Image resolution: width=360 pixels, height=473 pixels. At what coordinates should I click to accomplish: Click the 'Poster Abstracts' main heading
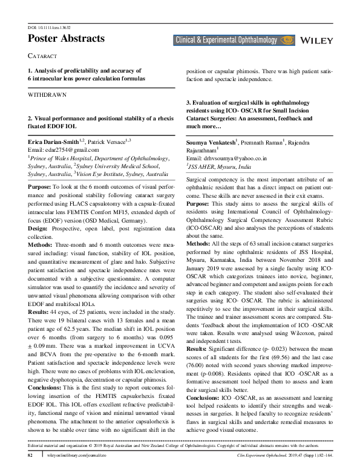(66, 38)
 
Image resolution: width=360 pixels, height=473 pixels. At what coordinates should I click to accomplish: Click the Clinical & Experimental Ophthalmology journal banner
(234, 41)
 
